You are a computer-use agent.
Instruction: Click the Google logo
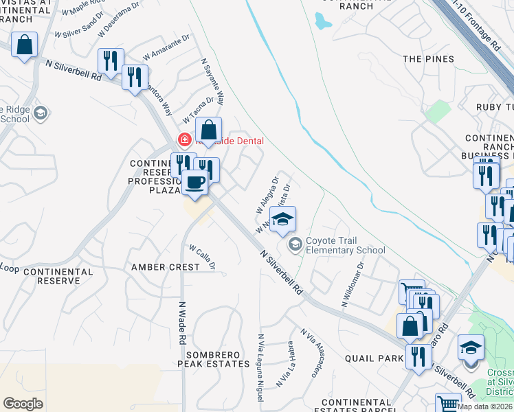(x=23, y=404)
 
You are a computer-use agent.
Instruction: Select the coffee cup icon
(x=195, y=182)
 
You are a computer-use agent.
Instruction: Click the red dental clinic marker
(x=184, y=140)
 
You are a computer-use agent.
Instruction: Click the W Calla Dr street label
(x=203, y=257)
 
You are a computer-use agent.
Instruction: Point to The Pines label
(x=428, y=59)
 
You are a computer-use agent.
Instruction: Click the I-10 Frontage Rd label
(x=484, y=31)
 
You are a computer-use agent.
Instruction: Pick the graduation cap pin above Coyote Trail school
(x=282, y=219)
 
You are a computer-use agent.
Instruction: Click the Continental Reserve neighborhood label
(x=58, y=276)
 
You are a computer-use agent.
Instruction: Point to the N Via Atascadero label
(x=310, y=352)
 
